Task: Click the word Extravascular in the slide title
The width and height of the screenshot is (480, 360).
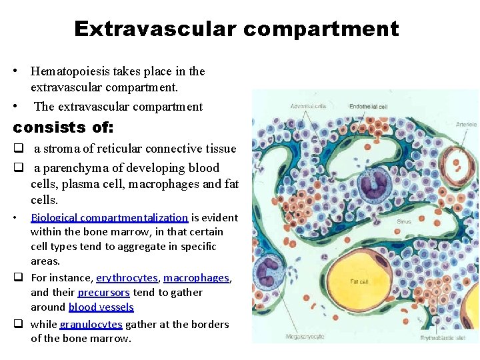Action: point(153,29)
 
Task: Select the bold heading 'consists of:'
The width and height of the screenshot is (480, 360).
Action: point(63,127)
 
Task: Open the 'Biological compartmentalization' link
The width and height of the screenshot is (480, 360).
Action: point(109,217)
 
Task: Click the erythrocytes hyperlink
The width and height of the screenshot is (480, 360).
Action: point(127,277)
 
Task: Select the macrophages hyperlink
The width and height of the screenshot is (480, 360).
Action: point(196,277)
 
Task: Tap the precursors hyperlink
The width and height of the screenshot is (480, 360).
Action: point(103,292)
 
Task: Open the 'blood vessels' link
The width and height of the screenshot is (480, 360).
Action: point(101,307)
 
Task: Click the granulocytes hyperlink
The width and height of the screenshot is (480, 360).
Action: point(91,324)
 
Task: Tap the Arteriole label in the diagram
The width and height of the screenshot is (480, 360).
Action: point(466,124)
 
